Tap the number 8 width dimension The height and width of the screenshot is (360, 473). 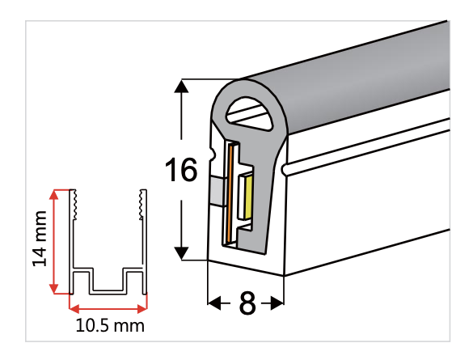pyautogui.click(x=247, y=303)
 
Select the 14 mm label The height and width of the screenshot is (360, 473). pyautogui.click(x=40, y=241)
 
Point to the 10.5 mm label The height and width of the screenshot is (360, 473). pyautogui.click(x=108, y=327)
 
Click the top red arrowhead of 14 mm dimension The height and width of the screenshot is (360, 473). pyautogui.click(x=55, y=195)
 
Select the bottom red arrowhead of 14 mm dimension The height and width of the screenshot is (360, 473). pyautogui.click(x=55, y=289)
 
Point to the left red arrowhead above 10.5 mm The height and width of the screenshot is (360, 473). pyautogui.click(x=74, y=307)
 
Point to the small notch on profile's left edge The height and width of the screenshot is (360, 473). pyautogui.click(x=213, y=151)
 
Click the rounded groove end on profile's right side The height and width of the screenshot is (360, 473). pyautogui.click(x=286, y=170)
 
